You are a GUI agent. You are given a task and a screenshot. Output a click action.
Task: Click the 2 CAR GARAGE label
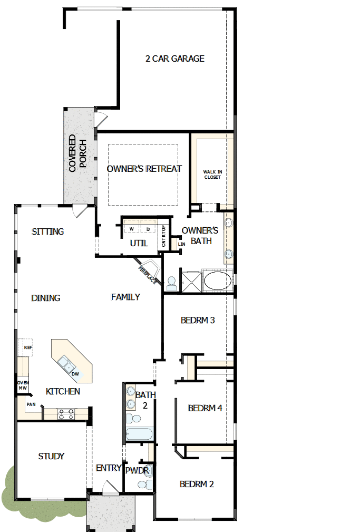[174, 59]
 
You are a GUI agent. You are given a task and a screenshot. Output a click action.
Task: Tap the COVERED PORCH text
[77, 153]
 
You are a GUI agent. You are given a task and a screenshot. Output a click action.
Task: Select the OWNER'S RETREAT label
[144, 169]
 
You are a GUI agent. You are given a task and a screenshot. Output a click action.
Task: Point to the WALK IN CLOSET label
[212, 174]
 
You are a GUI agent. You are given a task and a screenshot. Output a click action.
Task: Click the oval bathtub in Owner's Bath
[217, 280]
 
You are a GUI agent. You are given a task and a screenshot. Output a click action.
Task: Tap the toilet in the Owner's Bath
[171, 283]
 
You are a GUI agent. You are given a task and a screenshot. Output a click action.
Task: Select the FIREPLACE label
[147, 275]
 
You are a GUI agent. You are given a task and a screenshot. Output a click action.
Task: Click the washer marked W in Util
[131, 229]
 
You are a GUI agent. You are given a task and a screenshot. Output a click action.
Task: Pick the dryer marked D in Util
[148, 229]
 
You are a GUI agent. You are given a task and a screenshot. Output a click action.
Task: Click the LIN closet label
[182, 244]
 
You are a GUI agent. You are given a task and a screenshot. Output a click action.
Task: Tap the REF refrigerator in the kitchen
[28, 347]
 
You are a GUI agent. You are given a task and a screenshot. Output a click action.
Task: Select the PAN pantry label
[31, 404]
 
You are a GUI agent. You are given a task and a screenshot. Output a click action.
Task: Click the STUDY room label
[51, 456]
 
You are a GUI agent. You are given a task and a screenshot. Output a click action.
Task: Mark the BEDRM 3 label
[197, 320]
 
